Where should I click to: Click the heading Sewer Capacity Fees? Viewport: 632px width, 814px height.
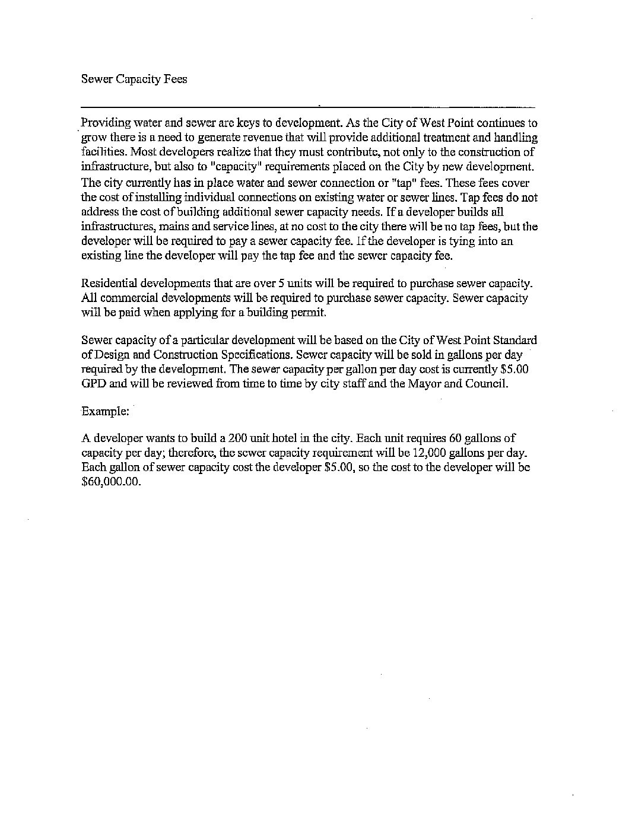click(134, 80)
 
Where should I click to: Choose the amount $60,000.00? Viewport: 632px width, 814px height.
click(112, 482)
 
